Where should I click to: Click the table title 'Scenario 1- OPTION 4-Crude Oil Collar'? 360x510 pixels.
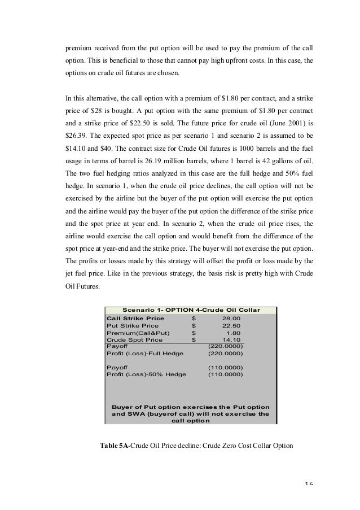(x=191, y=310)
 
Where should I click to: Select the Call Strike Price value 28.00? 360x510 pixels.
(x=232, y=319)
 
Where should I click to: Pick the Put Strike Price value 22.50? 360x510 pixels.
(x=232, y=326)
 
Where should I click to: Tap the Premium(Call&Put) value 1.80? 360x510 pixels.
(x=234, y=333)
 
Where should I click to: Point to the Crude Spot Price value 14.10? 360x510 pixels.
(x=232, y=340)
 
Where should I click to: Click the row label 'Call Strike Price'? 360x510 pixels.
(x=135, y=319)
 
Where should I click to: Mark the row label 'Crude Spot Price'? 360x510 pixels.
(x=134, y=340)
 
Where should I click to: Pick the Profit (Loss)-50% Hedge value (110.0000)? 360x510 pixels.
(x=225, y=374)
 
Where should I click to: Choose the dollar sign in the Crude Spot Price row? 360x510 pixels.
(x=194, y=340)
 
